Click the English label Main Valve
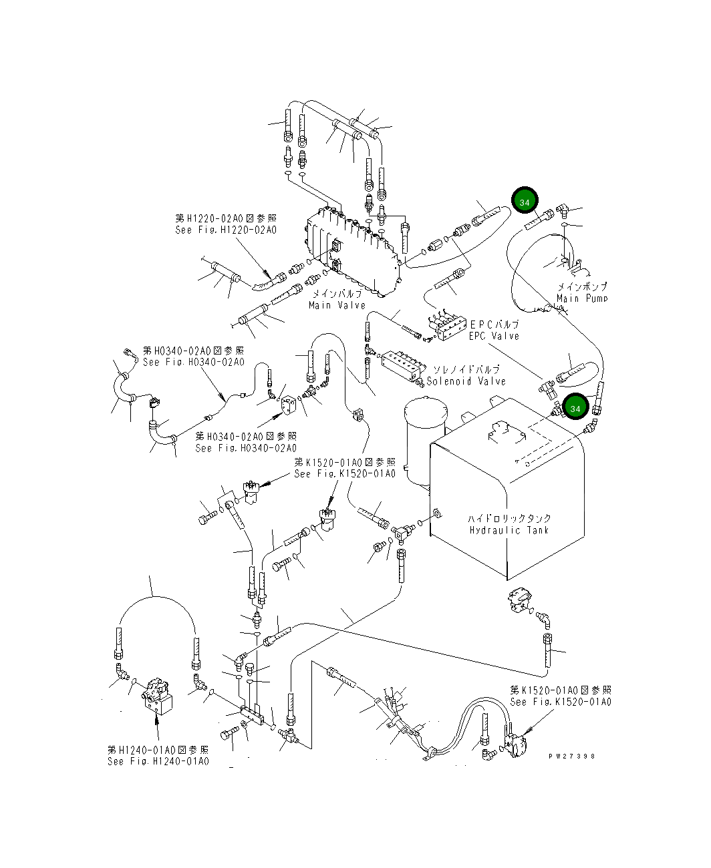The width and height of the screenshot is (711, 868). point(337,305)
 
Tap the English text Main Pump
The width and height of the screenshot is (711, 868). point(581,298)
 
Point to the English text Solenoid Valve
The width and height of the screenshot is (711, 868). point(466,381)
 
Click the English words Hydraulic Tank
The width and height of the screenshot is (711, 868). point(509,530)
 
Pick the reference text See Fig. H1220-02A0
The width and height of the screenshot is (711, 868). point(226,230)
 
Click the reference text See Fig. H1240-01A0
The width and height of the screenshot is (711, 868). point(158,761)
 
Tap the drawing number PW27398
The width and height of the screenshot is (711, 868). point(571,756)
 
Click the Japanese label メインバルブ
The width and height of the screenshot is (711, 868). point(337,294)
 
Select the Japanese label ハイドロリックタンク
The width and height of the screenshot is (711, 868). point(509,518)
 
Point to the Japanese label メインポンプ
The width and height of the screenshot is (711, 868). point(581,286)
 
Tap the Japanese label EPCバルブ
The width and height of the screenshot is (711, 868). point(494,324)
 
